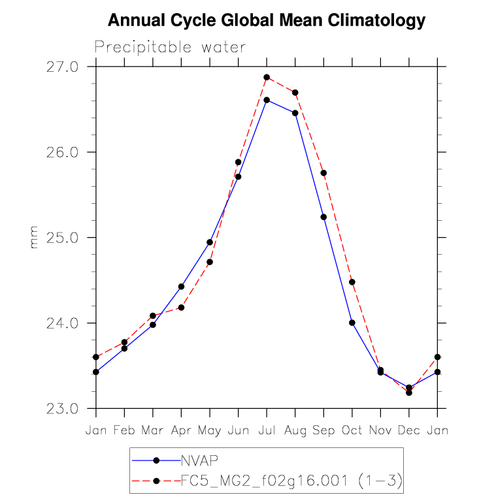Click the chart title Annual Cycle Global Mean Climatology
[x=266, y=21]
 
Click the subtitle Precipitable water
[x=170, y=47]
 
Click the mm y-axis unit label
[x=34, y=238]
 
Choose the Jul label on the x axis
[x=267, y=431]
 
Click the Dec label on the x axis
[x=409, y=431]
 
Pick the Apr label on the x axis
[x=181, y=431]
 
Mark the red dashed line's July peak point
[x=267, y=77]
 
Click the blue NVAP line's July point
[x=267, y=100]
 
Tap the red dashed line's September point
[x=323, y=172]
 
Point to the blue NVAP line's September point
[x=323, y=217]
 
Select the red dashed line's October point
[x=352, y=282]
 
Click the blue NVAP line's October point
[x=352, y=323]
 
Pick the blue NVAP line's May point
[x=210, y=242]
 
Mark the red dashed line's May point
[x=210, y=262]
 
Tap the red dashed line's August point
[x=295, y=92]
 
